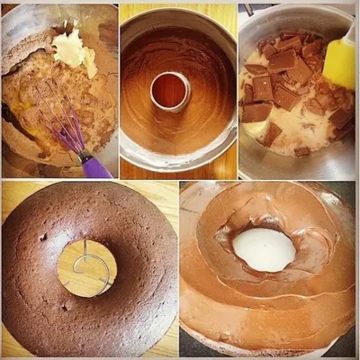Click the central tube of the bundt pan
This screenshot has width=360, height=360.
[170, 90]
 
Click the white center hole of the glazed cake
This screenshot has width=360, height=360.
[264, 249]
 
